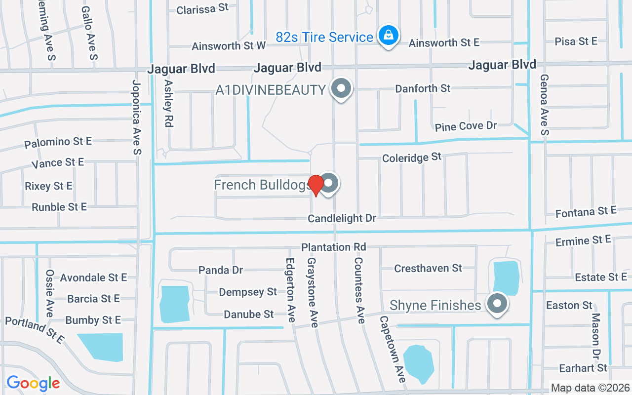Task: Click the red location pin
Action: [316, 185]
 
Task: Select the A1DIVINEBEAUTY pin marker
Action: [340, 89]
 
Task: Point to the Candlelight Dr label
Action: [342, 218]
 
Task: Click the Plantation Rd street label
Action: [334, 247]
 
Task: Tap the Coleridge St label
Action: [412, 158]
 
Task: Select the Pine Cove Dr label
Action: [466, 126]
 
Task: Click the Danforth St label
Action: [423, 89]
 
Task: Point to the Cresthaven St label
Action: [428, 268]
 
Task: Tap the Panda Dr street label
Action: [221, 270]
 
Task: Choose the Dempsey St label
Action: [248, 292]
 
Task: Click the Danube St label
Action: [248, 314]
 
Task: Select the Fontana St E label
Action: [586, 212]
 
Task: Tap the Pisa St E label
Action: [576, 41]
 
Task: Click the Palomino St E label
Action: [58, 142]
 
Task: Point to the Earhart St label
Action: [583, 368]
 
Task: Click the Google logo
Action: [33, 383]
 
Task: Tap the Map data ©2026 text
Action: [590, 388]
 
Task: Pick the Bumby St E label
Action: [93, 320]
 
